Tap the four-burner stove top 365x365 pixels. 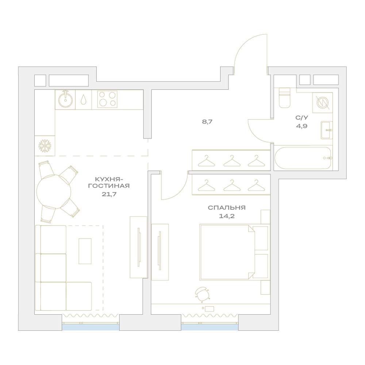coord(107,99)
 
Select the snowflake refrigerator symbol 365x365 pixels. coord(45,146)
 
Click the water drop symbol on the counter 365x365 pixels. coord(83,100)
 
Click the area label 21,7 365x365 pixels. coord(109,194)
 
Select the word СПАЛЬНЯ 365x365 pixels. coord(227,208)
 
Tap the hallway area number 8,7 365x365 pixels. coord(207,122)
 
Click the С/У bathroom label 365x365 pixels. coord(302,118)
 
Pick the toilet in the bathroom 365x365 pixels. coord(284,98)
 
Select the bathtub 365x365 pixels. coord(303,158)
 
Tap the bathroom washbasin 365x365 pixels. coord(326,130)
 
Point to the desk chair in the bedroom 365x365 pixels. coord(202,294)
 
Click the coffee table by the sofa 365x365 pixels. coord(85,251)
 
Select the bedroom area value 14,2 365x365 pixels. coord(227,216)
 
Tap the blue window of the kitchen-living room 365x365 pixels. coord(91,327)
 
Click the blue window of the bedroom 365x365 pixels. coord(210,327)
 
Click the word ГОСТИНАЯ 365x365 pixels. coord(109,186)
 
